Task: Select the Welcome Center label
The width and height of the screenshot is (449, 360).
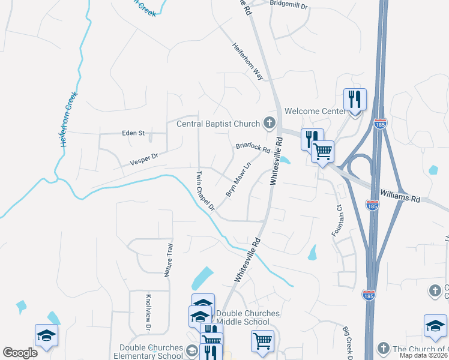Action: coord(315,111)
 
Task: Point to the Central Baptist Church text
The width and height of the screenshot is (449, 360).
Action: coord(218,124)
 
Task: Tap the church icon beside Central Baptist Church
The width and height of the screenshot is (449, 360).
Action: coord(270,124)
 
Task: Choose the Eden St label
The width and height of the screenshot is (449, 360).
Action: coord(133,133)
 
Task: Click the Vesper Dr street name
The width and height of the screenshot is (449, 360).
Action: coord(143,159)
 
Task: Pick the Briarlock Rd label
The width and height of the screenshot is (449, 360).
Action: coord(253,147)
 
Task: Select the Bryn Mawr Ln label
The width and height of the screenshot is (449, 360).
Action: coord(238,179)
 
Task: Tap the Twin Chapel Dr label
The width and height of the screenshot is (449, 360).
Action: coord(205,191)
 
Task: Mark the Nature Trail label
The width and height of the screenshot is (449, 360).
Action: coord(169,260)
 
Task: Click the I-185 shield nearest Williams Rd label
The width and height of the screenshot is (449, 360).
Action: coord(373,205)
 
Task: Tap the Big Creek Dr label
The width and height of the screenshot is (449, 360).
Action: coord(350,340)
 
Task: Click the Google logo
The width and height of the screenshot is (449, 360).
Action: coord(20,353)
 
